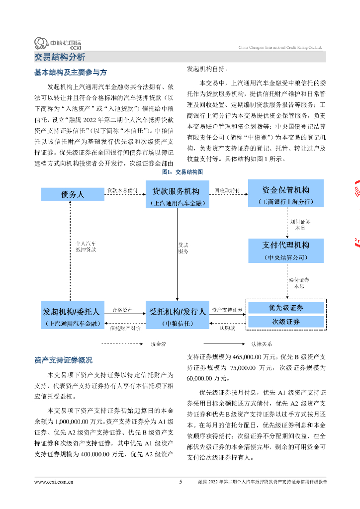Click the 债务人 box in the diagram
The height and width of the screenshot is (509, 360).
[73, 194]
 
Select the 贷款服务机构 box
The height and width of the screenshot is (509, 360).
[176, 195]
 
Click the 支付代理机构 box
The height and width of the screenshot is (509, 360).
[285, 250]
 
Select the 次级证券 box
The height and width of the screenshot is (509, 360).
[285, 322]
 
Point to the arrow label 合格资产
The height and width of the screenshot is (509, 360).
[122, 310]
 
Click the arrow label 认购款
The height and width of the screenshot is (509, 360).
[228, 328]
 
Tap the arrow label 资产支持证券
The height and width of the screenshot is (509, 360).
[227, 310]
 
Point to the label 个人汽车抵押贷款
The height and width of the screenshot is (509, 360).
[86, 247]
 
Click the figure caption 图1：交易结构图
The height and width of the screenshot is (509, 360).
[182, 171]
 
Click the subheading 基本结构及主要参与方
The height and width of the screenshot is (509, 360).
[70, 73]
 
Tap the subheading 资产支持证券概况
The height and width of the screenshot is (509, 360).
[63, 360]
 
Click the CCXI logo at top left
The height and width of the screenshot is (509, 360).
[57, 43]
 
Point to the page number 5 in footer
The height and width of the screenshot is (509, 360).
[180, 482]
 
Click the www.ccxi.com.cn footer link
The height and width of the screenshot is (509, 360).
[54, 482]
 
